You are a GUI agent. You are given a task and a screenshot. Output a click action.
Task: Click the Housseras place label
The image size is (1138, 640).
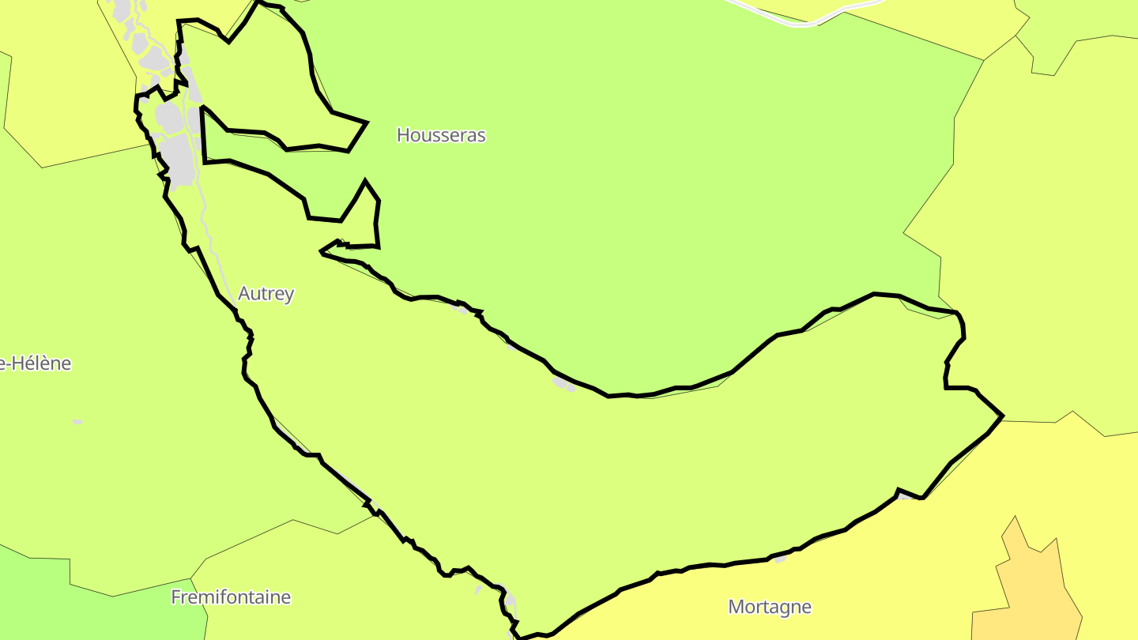441,135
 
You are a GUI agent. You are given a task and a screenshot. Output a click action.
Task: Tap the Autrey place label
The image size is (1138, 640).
266,294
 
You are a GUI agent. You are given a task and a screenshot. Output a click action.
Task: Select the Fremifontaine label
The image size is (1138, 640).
231,597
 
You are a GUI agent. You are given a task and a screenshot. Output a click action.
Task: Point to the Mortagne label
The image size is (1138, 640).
770,607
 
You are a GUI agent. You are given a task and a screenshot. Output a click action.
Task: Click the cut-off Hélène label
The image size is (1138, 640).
36,363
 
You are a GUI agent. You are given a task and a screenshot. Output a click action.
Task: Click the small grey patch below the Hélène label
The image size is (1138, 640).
77,422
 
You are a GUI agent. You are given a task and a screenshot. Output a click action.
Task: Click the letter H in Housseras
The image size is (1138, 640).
402,135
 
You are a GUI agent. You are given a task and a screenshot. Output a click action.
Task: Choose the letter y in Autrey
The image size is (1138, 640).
289,296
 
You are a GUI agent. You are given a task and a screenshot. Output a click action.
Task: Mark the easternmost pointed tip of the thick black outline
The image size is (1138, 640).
1002,416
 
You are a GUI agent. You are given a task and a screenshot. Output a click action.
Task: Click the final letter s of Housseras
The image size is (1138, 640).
481,136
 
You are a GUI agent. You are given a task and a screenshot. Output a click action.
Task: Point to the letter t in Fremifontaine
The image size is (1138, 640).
252,597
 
